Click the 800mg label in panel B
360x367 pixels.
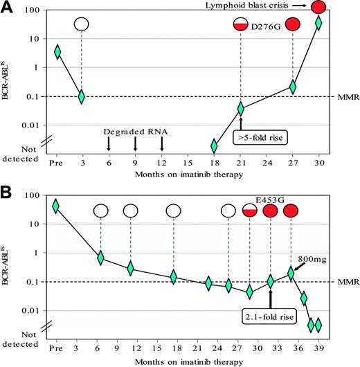click(x=310, y=260)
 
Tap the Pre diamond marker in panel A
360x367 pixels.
click(x=57, y=52)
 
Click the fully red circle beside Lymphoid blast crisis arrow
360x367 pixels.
click(x=318, y=7)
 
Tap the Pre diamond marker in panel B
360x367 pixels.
click(x=55, y=206)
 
